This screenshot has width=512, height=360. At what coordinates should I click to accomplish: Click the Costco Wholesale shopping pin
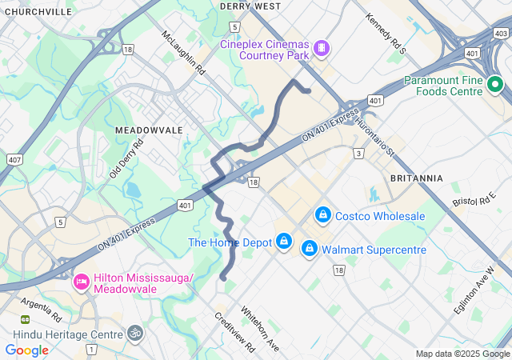[323, 215]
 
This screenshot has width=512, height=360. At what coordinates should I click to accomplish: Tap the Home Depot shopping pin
[283, 242]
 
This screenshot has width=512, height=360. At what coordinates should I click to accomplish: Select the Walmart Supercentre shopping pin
[309, 250]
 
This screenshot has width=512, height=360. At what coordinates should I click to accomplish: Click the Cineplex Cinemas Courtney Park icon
[320, 49]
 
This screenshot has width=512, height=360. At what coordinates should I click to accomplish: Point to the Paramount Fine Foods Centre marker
[494, 84]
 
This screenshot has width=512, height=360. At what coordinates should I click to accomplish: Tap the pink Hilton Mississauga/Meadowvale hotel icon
[81, 282]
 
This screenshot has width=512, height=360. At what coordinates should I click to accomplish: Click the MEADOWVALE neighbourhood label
[149, 130]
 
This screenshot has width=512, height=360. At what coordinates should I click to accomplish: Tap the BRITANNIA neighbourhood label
[416, 178]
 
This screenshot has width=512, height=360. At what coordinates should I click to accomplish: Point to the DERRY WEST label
[250, 6]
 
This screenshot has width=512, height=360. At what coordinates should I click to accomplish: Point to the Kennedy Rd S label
[386, 33]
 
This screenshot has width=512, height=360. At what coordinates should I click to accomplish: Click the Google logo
[27, 350]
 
